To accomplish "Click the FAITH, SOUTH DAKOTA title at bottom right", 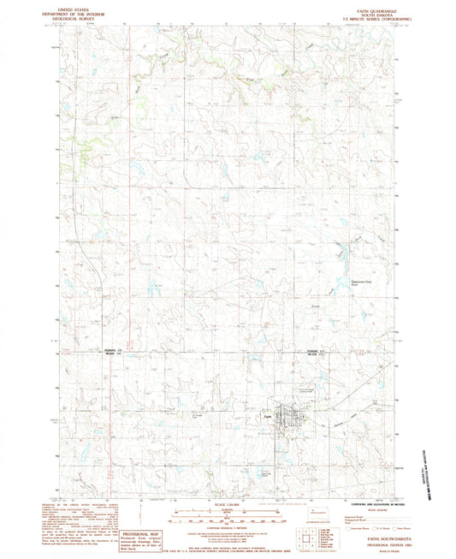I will click(366, 532).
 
